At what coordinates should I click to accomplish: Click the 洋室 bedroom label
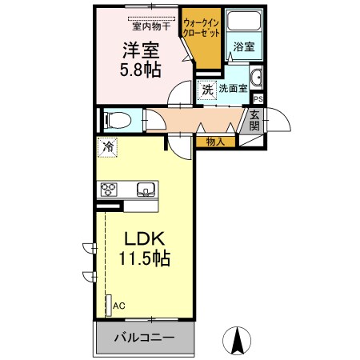(141, 50)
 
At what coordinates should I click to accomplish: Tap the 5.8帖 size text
(141, 70)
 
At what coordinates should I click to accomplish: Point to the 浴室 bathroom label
(244, 47)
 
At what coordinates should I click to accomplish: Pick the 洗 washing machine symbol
(208, 90)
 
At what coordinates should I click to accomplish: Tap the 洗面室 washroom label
(234, 90)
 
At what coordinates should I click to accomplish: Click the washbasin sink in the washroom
(257, 78)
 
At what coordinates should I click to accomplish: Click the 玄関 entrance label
(254, 119)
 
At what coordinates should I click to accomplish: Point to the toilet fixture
(117, 119)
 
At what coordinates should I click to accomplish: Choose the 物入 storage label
(215, 142)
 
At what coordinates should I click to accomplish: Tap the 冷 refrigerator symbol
(107, 147)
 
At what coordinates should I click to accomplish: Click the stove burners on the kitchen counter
(109, 190)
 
